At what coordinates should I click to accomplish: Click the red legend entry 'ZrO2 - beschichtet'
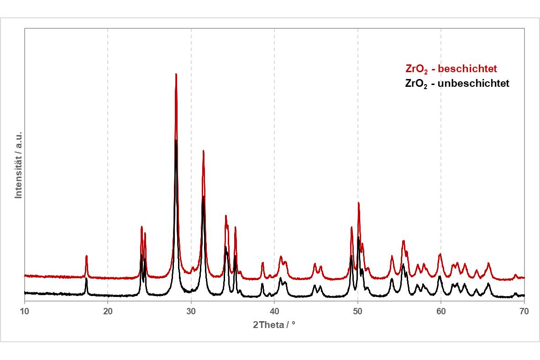pyautogui.click(x=451, y=69)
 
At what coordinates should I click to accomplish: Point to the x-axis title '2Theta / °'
pyautogui.click(x=274, y=325)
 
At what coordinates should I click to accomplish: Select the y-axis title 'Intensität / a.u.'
pyautogui.click(x=19, y=163)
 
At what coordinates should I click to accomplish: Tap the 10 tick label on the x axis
pyautogui.click(x=25, y=311)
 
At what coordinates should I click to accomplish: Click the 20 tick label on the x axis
pyautogui.click(x=108, y=311)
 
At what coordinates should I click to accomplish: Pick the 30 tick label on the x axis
pyautogui.click(x=191, y=311)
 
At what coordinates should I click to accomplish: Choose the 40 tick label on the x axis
pyautogui.click(x=274, y=311)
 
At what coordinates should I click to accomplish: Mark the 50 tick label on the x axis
pyautogui.click(x=358, y=311)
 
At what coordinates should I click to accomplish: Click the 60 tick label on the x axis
pyautogui.click(x=441, y=311)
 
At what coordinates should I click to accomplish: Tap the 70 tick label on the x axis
pyautogui.click(x=524, y=311)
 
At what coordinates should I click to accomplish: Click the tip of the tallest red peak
pyautogui.click(x=176, y=74)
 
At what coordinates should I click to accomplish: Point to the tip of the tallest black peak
pyautogui.click(x=176, y=140)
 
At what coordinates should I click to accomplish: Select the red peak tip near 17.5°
pyautogui.click(x=86, y=256)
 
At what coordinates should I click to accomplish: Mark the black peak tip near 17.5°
pyautogui.click(x=86, y=278)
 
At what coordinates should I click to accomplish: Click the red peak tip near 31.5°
pyautogui.click(x=203, y=151)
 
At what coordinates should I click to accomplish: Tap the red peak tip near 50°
pyautogui.click(x=358, y=203)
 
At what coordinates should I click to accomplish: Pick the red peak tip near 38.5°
pyautogui.click(x=262, y=263)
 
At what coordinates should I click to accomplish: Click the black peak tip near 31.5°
pyautogui.click(x=203, y=196)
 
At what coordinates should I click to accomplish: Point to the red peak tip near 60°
pyautogui.click(x=440, y=254)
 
